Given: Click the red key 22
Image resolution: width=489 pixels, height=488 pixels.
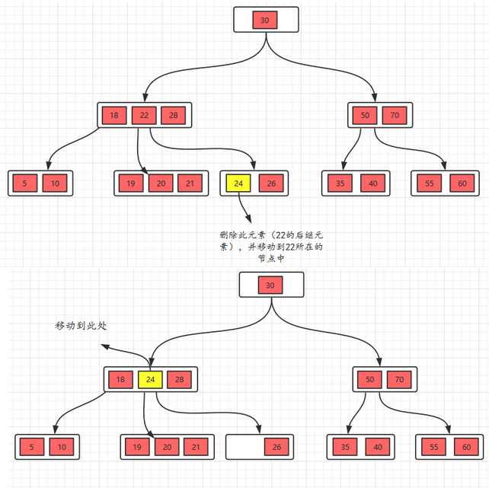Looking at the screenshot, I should [x=143, y=116].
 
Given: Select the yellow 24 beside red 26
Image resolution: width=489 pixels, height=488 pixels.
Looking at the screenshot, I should [x=238, y=183].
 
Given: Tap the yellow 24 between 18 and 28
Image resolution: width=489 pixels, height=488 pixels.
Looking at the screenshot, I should [x=150, y=379].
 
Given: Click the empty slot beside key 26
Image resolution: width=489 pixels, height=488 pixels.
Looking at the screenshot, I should [x=244, y=447].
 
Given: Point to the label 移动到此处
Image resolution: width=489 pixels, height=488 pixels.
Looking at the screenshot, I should [x=81, y=325].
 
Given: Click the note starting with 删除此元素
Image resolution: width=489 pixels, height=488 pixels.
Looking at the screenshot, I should [x=270, y=247].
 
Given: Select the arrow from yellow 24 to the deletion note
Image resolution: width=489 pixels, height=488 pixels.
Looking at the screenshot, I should [x=244, y=207].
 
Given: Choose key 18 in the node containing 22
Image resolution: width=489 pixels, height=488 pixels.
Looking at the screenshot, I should [x=114, y=116].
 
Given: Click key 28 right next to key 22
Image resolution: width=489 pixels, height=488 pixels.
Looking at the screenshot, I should [x=173, y=116].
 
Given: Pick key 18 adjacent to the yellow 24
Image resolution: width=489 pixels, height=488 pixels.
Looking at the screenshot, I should [x=120, y=379].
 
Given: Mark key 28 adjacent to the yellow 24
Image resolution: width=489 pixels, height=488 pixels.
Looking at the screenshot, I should [x=180, y=379].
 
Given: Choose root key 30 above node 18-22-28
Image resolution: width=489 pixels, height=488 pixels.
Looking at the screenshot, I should [x=264, y=21].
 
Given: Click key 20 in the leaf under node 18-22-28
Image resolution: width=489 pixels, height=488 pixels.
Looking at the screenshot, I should [x=161, y=183].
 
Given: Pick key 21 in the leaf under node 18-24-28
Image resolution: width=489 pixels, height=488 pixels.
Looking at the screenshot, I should [x=197, y=447].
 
